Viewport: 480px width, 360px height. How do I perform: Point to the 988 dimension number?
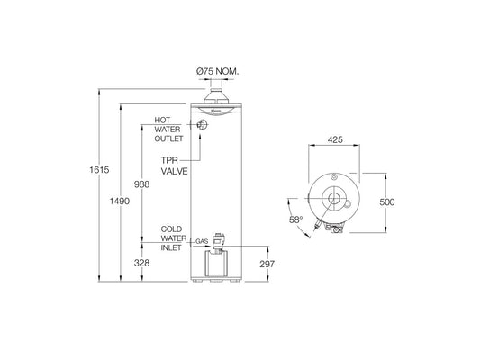point(142,184)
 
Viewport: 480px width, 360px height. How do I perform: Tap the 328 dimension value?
point(142,263)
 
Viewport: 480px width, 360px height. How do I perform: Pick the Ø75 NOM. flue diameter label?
point(219,71)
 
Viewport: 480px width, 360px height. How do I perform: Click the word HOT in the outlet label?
point(163,120)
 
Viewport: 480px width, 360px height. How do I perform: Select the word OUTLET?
point(170,140)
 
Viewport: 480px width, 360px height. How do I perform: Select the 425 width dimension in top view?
point(335,140)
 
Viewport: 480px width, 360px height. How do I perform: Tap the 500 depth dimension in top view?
point(386,202)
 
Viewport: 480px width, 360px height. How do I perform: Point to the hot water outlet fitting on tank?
point(203,127)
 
